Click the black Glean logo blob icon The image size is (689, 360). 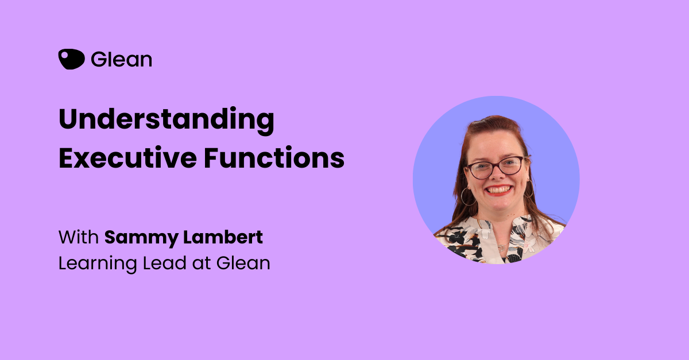click(71, 59)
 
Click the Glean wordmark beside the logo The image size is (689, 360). click(122, 59)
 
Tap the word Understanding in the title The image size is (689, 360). click(167, 120)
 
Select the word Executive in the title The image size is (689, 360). click(127, 158)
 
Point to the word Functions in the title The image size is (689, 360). click(274, 158)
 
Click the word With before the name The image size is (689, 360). click(79, 237)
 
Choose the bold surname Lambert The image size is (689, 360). click(223, 237)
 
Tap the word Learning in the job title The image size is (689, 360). click(98, 264)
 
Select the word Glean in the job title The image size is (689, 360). click(243, 264)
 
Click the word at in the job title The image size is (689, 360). click(202, 264)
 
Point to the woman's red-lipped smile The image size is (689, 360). click(498, 190)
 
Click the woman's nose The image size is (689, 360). click(497, 175)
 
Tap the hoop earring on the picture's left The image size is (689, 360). click(468, 196)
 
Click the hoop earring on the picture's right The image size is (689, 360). click(529, 188)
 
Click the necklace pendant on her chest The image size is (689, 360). click(502, 247)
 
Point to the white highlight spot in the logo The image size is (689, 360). click(65, 55)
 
